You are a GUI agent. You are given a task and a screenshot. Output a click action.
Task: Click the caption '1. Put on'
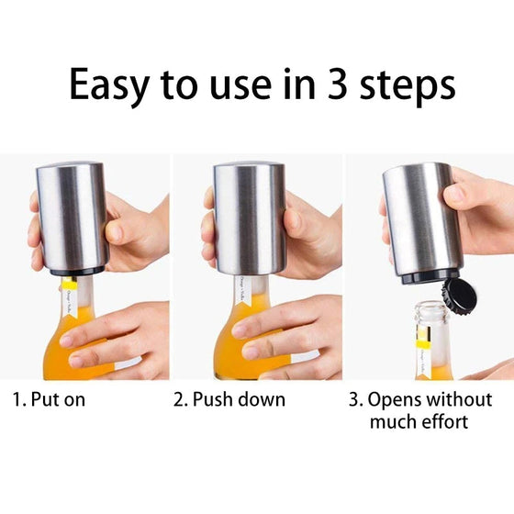coord(54,400)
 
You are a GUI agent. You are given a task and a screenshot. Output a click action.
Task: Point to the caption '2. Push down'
coord(229,400)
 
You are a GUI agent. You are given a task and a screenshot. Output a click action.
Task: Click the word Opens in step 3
coord(400,400)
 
